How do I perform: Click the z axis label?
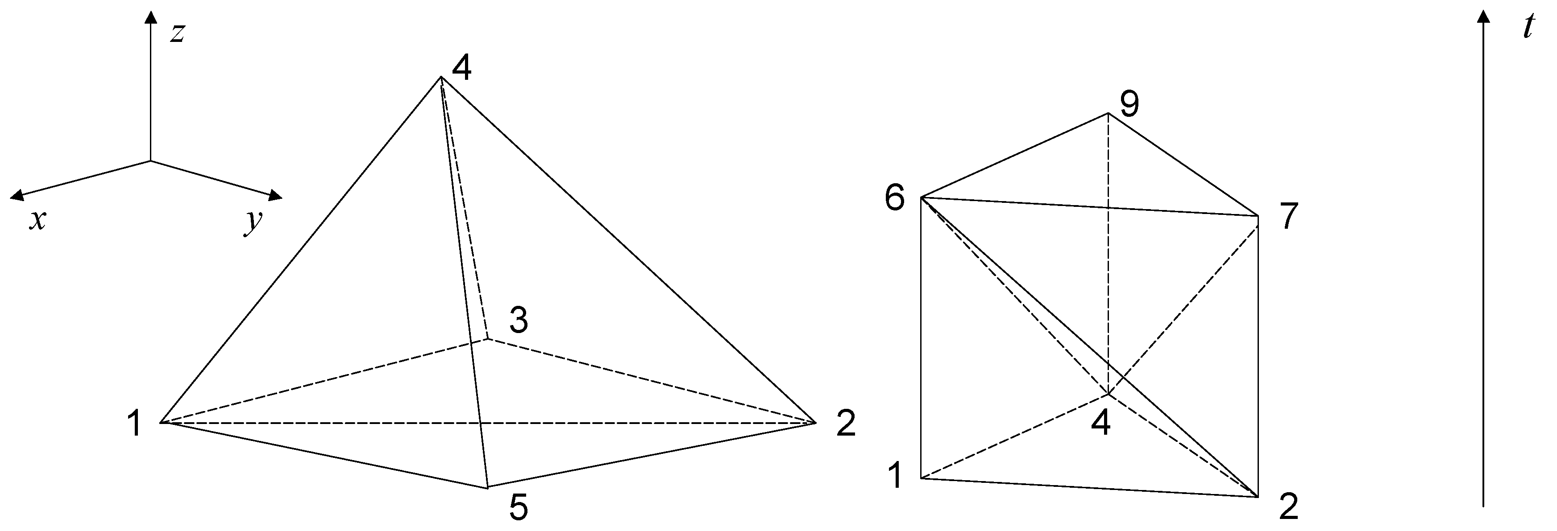click(x=176, y=34)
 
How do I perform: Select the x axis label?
click(x=38, y=221)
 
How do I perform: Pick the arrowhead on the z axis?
click(x=150, y=17)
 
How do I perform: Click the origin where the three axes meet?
click(x=150, y=161)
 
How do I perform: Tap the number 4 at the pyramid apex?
click(x=462, y=68)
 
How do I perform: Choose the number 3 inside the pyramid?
click(x=519, y=320)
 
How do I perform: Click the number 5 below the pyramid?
click(x=518, y=507)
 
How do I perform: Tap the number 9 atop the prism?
click(x=1129, y=104)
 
